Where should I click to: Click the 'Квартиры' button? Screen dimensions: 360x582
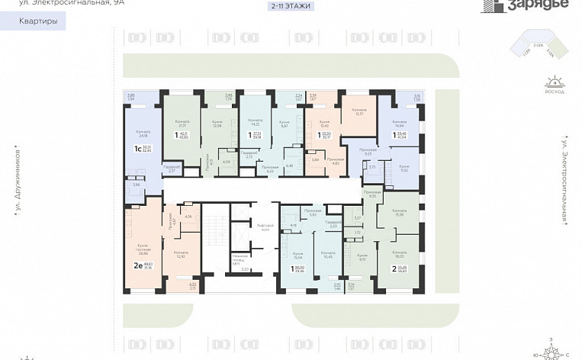pos(37,22)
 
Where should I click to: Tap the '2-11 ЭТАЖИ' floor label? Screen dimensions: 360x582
pos(291,6)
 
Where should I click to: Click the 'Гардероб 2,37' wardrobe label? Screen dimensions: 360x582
pos(172,169)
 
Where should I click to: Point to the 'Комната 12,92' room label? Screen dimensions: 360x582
pos(182,254)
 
